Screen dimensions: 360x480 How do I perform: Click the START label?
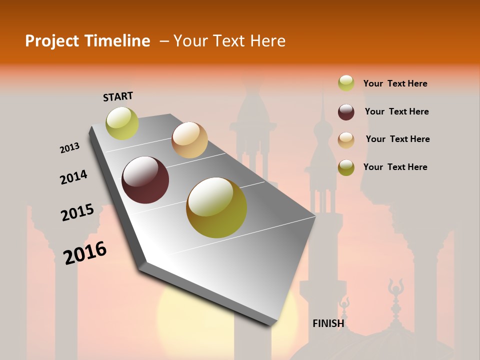click(118, 96)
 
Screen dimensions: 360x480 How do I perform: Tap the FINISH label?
click(328, 323)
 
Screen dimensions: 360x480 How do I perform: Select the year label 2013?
click(69, 148)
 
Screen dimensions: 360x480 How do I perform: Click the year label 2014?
click(73, 177)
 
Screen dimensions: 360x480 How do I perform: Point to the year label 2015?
click(77, 212)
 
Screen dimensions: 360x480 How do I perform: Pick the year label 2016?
click(85, 252)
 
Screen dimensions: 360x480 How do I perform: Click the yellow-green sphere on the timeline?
click(122, 123)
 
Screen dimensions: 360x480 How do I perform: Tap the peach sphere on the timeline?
click(189, 140)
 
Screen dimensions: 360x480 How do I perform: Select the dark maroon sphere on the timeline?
click(145, 180)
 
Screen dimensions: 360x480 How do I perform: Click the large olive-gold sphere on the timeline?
click(216, 207)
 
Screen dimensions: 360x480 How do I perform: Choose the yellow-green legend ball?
click(346, 83)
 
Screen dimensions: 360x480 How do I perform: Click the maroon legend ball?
click(346, 112)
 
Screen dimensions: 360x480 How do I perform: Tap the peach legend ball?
click(346, 140)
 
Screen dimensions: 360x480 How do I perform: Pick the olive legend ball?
click(346, 167)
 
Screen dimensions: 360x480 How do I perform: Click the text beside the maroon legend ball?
click(396, 111)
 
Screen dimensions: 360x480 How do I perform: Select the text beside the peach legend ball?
click(397, 139)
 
